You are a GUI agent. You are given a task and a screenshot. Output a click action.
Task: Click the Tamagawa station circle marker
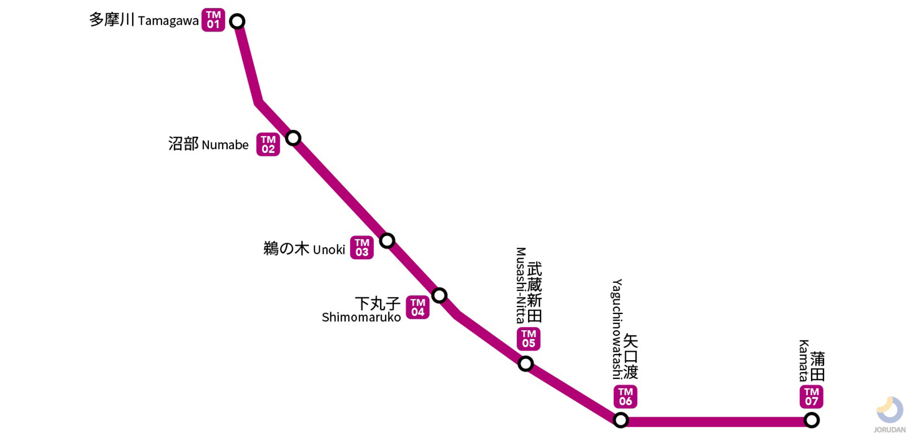point(238,21)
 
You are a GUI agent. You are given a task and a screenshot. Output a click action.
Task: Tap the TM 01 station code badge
point(213,20)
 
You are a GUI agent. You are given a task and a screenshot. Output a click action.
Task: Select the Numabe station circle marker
point(293,138)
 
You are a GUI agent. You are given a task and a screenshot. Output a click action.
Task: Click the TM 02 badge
point(268,145)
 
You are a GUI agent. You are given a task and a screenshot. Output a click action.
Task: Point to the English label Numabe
point(225,145)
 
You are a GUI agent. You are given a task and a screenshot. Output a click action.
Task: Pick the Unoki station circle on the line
point(387,241)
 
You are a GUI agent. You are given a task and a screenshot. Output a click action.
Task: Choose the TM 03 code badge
point(362,248)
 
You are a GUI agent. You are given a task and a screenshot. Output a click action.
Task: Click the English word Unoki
point(329,250)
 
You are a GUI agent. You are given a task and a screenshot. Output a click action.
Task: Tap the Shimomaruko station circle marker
point(439,295)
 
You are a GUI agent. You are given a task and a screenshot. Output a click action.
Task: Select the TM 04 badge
point(418,308)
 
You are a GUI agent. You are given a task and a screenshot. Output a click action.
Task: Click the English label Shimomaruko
point(361,318)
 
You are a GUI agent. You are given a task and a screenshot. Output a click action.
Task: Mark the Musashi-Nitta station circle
point(526,364)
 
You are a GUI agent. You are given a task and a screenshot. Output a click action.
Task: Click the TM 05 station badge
point(529,339)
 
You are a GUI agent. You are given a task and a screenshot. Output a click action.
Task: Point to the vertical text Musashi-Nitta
point(521,285)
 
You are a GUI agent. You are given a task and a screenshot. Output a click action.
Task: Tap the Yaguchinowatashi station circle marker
point(621,420)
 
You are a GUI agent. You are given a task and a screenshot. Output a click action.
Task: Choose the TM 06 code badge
point(626,397)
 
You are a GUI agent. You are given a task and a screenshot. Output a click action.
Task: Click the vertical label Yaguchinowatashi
point(617,329)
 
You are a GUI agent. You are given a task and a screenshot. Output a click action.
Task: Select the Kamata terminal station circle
point(812,420)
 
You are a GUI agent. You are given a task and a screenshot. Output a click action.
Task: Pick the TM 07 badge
point(812,397)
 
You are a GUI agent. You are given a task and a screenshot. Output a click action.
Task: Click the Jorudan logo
point(890,414)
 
